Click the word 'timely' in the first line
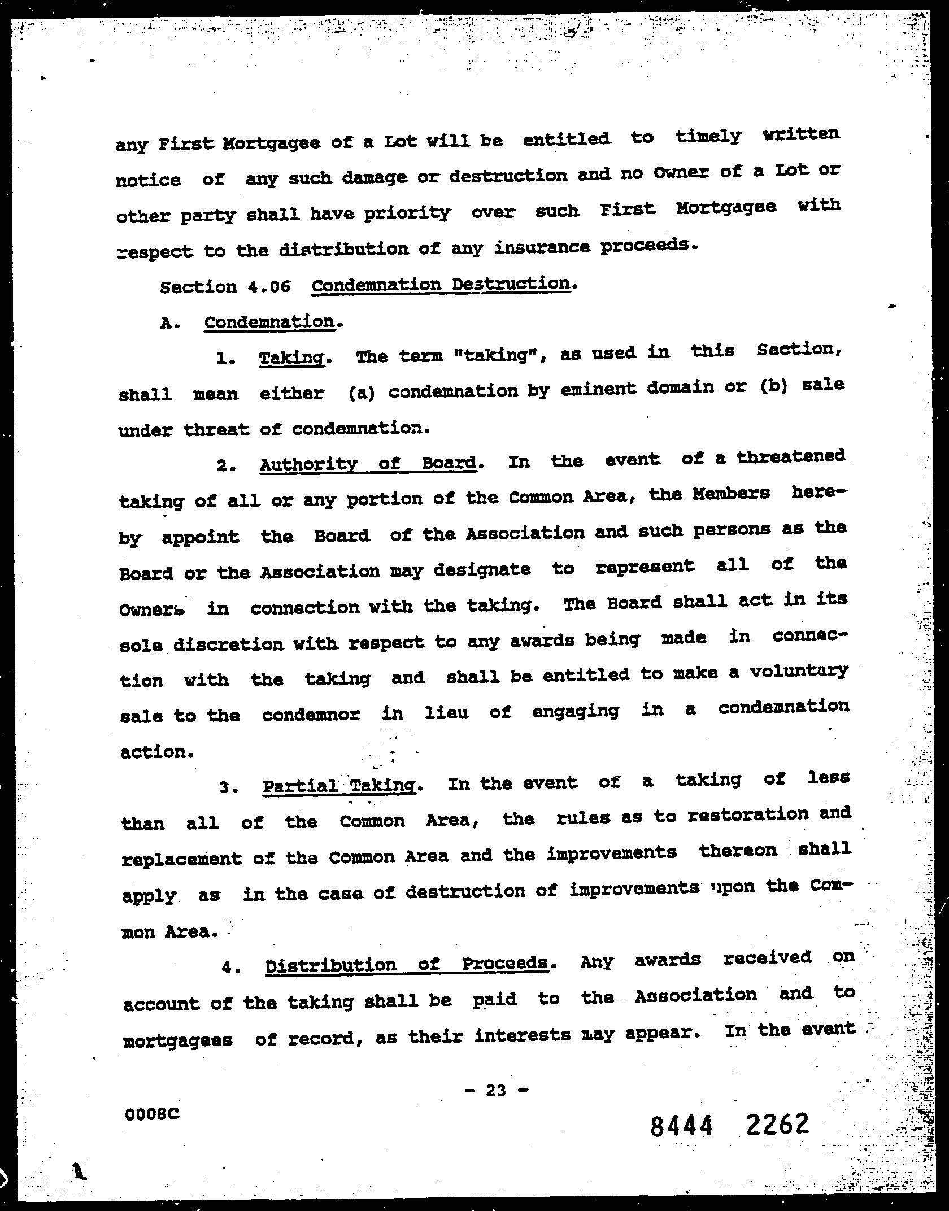(708, 137)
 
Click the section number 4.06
(269, 286)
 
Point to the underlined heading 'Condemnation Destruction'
(441, 284)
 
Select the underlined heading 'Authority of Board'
(368, 464)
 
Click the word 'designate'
(482, 569)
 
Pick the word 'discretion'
(228, 644)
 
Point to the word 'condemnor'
(311, 715)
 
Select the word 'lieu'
(446, 713)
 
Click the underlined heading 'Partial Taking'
(339, 786)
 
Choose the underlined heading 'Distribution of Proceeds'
(407, 964)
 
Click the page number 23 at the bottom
(495, 1090)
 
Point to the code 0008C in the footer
(152, 1114)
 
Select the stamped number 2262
(777, 1124)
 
